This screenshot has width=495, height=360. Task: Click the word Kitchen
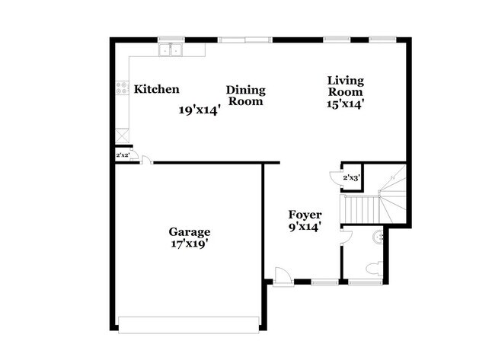[x=157, y=89]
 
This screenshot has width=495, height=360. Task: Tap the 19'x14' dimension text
[x=200, y=110]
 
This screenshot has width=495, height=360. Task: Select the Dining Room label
[x=246, y=95]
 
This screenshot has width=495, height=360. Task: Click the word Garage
[x=190, y=231]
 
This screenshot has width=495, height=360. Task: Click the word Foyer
[x=305, y=214]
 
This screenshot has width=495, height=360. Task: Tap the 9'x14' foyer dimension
[x=305, y=226]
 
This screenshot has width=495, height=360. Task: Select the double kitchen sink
[x=172, y=50]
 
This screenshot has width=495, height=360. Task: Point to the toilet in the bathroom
[x=373, y=268]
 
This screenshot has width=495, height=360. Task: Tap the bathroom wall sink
[x=378, y=237]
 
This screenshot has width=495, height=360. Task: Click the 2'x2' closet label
[x=123, y=155]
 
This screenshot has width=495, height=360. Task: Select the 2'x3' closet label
[x=351, y=178]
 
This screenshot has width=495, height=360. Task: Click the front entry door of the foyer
[x=281, y=276]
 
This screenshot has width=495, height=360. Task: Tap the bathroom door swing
[x=344, y=236]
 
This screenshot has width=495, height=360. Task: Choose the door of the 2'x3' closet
[x=336, y=178]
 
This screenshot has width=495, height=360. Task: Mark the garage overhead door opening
[x=190, y=320]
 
